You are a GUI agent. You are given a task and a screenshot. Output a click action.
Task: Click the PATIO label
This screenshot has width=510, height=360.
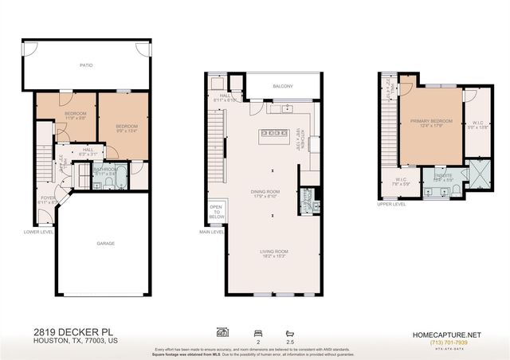click(86, 68)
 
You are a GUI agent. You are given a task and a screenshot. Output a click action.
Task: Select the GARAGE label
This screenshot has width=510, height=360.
click(106, 243)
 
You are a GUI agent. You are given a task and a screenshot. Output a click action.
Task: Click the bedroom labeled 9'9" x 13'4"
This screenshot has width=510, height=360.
click(126, 127)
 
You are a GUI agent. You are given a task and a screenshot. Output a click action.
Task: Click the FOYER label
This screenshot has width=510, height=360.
click(46, 199)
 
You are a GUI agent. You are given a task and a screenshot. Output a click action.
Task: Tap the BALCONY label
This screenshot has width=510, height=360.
click(283, 86)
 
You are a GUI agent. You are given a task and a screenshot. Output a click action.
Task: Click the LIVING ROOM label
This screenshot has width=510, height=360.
click(272, 252)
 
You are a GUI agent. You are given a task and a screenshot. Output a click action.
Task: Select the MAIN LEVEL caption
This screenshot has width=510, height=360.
click(210, 233)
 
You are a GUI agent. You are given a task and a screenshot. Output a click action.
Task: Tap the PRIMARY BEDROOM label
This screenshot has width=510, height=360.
click(431, 122)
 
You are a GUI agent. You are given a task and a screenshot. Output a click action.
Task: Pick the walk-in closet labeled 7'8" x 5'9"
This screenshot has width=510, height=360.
click(402, 181)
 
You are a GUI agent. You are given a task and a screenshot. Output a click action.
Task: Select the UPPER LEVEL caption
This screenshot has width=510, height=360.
click(391, 204)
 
